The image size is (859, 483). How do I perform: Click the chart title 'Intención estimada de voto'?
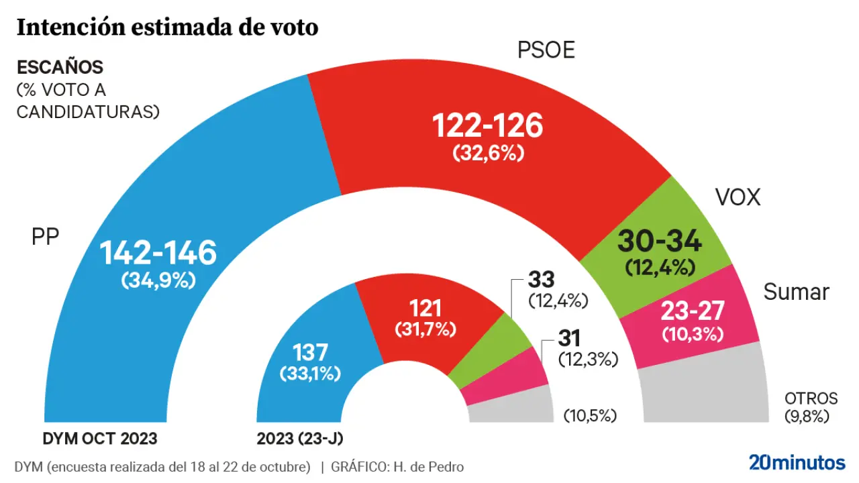pos(167,28)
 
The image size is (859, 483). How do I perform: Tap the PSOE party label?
pos(546,50)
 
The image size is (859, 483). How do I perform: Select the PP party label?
pos(46,236)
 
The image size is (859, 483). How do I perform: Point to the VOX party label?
pos(738,198)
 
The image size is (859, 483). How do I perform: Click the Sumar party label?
pos(797,292)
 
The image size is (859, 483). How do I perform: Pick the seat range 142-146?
pos(158,253)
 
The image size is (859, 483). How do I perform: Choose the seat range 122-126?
pos(487,125)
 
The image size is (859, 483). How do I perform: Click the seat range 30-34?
pos(659,241)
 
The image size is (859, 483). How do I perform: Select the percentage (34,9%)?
pos(158,281)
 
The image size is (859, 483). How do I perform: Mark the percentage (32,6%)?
pos(487,154)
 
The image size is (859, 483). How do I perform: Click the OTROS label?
pos(811,398)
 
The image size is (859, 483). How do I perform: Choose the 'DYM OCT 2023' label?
pos(100,439)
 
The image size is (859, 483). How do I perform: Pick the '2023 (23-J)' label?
pos(301,439)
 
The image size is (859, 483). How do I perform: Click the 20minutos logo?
pos(797,462)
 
